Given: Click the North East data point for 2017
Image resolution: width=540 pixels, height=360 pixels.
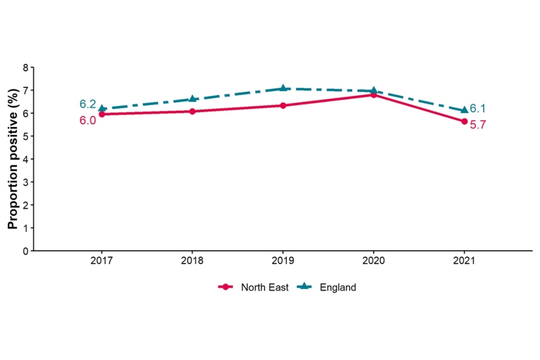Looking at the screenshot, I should pyautogui.click(x=102, y=114).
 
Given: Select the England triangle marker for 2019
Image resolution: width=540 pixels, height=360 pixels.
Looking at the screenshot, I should pyautogui.click(x=283, y=88).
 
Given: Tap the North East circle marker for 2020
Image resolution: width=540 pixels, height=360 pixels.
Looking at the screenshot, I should pyautogui.click(x=373, y=95).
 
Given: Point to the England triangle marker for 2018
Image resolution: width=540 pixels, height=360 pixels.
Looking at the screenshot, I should pyautogui.click(x=192, y=99).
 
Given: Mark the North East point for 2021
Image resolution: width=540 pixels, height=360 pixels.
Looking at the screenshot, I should pyautogui.click(x=464, y=121).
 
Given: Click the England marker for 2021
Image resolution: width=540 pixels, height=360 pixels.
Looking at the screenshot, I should pyautogui.click(x=464, y=110).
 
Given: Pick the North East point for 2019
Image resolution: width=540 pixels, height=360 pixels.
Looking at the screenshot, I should pyautogui.click(x=283, y=106).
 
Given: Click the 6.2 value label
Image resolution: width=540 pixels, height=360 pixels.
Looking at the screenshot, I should pyautogui.click(x=87, y=104).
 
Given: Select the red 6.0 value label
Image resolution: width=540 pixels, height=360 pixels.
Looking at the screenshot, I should pyautogui.click(x=87, y=120).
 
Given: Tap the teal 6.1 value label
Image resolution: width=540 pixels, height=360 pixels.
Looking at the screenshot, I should pyautogui.click(x=478, y=109).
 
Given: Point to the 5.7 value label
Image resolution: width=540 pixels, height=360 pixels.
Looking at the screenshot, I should pyautogui.click(x=478, y=125).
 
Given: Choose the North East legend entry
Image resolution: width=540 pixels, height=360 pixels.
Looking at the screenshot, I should pyautogui.click(x=254, y=287).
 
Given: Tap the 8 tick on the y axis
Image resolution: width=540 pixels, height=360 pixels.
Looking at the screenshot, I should pyautogui.click(x=25, y=67).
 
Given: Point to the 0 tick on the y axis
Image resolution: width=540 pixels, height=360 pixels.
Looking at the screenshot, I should pyautogui.click(x=25, y=251).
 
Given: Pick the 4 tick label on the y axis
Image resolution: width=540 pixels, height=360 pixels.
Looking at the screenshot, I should pyautogui.click(x=25, y=159).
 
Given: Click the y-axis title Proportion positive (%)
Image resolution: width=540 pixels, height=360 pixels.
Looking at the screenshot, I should pyautogui.click(x=12, y=159).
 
